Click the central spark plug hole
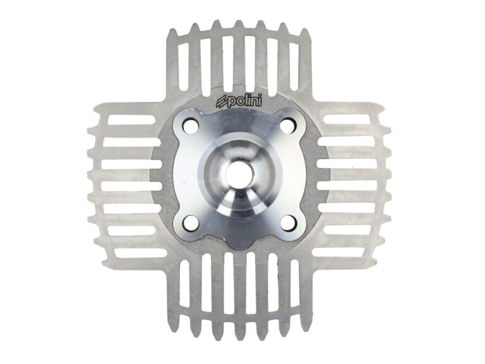pos(240,173)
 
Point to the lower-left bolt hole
pos(191,223)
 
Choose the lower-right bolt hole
pos(288,222)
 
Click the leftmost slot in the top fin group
pos(183,66)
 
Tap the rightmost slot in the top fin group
pos(294,66)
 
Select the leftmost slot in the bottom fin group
pos(184,282)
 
